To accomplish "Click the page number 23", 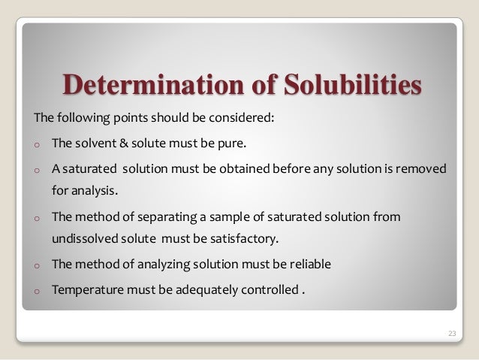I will (x=451, y=333).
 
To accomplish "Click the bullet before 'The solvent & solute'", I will (x=35, y=144).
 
